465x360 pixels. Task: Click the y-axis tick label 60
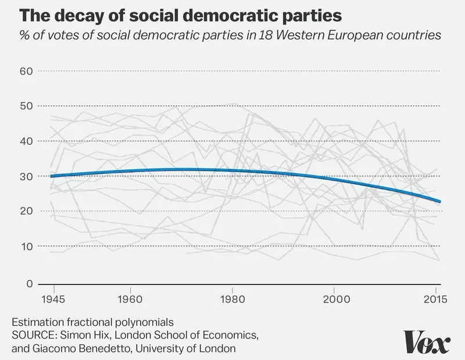click(26, 71)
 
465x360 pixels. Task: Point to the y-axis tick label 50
click(26, 106)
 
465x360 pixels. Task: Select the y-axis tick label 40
click(26, 141)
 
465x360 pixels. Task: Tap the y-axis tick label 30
click(26, 176)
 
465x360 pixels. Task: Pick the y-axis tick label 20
click(26, 211)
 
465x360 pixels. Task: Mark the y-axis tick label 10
click(26, 247)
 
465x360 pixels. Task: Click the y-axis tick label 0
click(30, 284)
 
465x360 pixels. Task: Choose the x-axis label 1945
click(53, 299)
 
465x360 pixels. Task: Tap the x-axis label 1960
click(130, 299)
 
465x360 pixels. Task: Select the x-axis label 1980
click(233, 299)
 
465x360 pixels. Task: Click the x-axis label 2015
click(435, 299)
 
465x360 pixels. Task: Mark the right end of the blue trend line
click(441, 202)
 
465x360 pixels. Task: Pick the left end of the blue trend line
click(51, 176)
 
